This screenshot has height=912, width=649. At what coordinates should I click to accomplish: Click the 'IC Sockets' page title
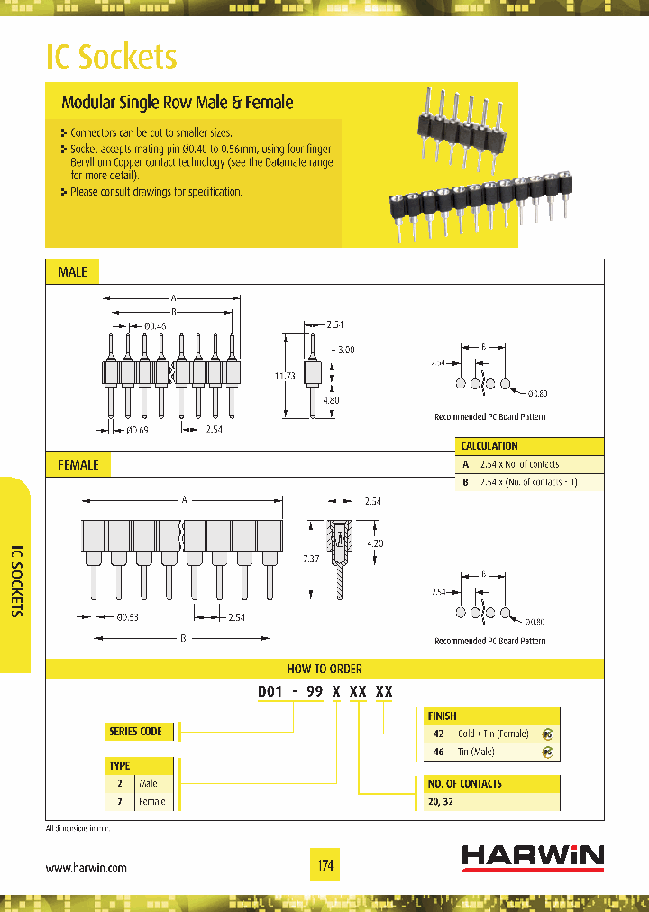[111, 57]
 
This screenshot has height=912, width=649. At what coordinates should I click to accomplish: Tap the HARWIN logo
[533, 857]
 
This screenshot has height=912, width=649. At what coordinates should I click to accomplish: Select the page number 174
[325, 866]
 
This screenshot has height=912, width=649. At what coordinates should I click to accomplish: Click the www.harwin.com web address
[86, 868]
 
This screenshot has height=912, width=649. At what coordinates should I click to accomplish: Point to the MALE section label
[72, 271]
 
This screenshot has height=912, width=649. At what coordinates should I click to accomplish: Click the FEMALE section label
[78, 465]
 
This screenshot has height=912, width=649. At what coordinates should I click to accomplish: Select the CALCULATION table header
[489, 446]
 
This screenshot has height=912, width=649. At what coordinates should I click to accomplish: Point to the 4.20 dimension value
[375, 543]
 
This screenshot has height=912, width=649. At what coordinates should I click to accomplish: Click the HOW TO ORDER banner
[324, 669]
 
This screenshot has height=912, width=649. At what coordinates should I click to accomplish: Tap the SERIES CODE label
[135, 731]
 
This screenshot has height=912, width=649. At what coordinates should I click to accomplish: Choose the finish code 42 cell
[439, 734]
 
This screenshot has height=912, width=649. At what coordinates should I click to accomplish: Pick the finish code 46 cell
[439, 752]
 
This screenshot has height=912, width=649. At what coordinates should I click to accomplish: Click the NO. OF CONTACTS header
[465, 783]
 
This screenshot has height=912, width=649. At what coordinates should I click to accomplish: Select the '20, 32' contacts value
[441, 801]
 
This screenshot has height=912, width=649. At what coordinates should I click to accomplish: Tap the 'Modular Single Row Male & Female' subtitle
[177, 103]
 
